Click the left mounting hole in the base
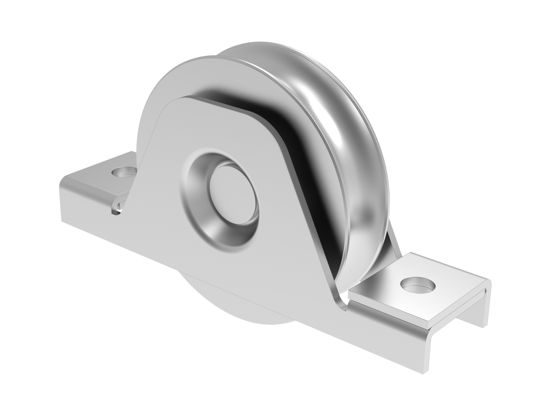(x=123, y=174)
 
